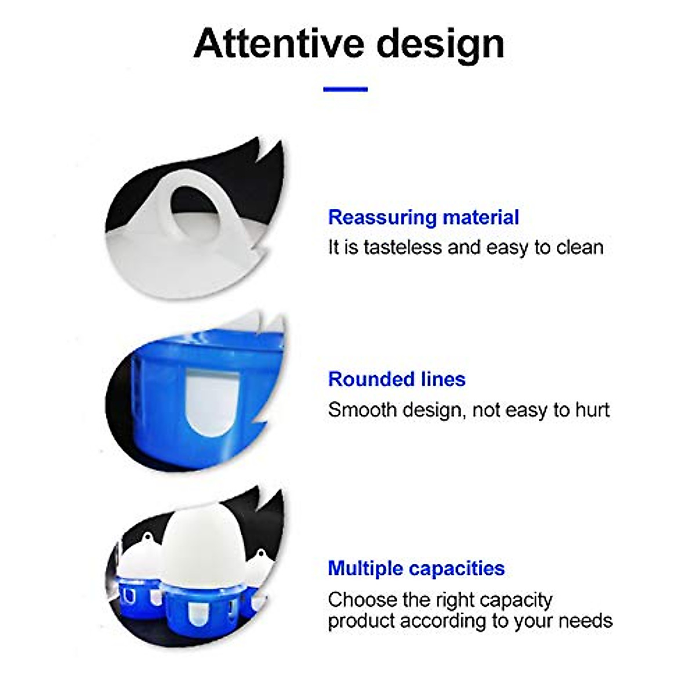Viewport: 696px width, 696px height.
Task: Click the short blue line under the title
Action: (346, 89)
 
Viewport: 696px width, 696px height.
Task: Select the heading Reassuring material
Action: (423, 217)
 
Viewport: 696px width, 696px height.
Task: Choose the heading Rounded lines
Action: (397, 379)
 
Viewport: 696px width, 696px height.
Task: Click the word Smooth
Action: (362, 409)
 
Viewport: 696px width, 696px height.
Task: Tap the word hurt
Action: (592, 409)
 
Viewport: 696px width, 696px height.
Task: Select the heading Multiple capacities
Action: (416, 568)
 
